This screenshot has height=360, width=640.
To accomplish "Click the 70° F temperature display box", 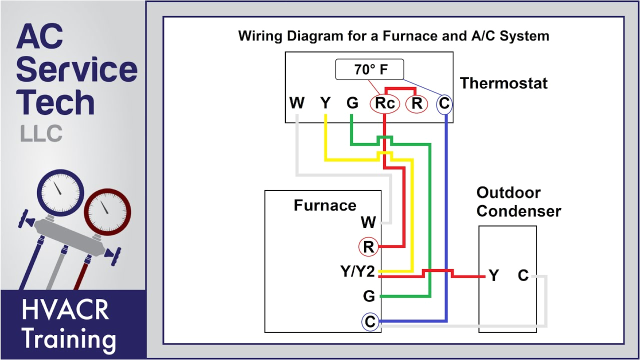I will coord(369,70).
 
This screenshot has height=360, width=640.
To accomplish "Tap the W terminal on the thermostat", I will coord(297,103).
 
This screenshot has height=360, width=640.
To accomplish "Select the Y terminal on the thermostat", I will coord(325,103).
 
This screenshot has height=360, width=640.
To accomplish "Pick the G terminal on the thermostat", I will coord(352,103).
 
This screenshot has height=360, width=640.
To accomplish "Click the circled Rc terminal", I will coord(384,103).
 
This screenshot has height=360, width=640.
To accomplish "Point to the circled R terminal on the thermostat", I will coord(416,103).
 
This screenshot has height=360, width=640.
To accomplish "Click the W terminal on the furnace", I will coord(368,222).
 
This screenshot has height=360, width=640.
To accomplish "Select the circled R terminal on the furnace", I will coord(368,247).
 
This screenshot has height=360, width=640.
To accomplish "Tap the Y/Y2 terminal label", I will coord(357,271).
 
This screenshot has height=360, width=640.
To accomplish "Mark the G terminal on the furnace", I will coord(369,296).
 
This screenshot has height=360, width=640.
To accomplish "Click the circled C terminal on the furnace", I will coord(370,322).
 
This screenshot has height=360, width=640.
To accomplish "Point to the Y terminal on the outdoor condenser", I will coord(493,275).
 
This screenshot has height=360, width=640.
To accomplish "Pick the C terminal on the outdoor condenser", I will coord(523,275).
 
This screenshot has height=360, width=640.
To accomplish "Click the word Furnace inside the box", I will coord(325,205).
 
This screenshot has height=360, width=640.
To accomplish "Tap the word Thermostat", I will coord(503,83).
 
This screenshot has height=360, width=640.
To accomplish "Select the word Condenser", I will coord(518,211).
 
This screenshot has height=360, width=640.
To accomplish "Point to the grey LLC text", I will coord(41,133).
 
